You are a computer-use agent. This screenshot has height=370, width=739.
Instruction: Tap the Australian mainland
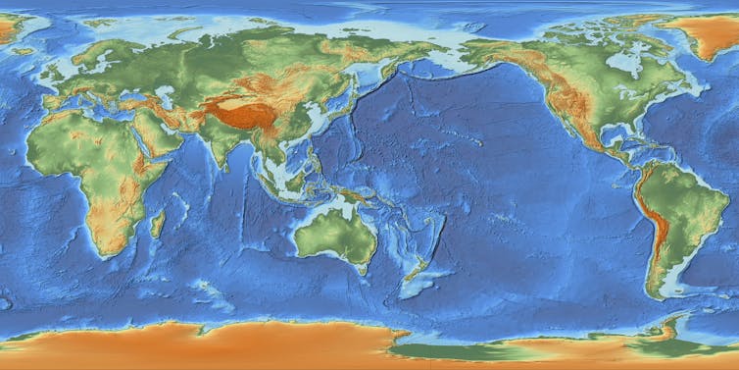[x=333, y=232]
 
